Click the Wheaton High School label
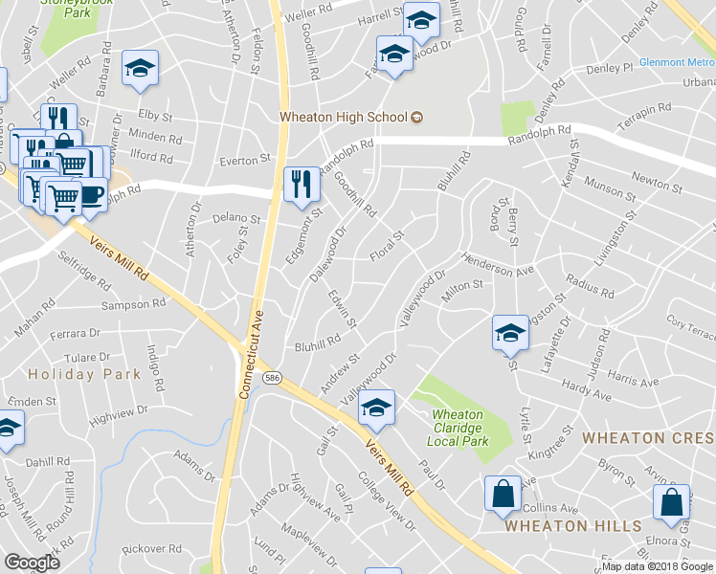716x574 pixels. click(344, 118)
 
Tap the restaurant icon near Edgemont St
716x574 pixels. click(302, 183)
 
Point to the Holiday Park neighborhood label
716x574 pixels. click(76, 373)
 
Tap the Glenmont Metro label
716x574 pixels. click(677, 62)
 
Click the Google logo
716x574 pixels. click(32, 563)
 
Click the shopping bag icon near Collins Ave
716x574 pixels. click(503, 495)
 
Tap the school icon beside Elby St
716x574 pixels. click(140, 68)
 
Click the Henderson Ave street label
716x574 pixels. click(498, 265)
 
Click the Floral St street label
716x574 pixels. click(388, 244)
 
